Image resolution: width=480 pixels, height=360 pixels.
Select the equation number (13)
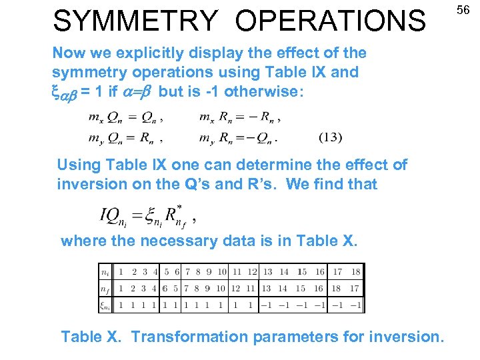point(330,138)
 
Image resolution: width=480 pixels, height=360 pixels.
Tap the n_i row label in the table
point(105,272)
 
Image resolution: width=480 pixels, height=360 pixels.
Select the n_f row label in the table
point(105,288)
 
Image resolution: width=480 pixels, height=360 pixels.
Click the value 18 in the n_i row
point(356,272)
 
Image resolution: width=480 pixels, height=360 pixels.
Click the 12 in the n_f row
point(235,288)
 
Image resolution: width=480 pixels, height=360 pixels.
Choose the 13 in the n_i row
point(267,272)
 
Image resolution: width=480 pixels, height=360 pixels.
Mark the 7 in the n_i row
point(188,272)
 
